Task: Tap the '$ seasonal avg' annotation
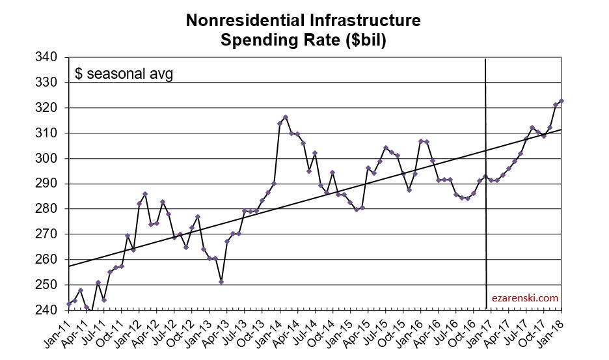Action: pyautogui.click(x=124, y=74)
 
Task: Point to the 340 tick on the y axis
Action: pyautogui.click(x=50, y=57)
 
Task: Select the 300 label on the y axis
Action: pyautogui.click(x=50, y=158)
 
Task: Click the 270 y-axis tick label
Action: pyautogui.click(x=50, y=234)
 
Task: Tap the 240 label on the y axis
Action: pyautogui.click(x=50, y=310)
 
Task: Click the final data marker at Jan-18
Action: pyautogui.click(x=562, y=101)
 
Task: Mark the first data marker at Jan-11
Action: pyautogui.click(x=69, y=304)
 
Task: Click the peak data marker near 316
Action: pyautogui.click(x=286, y=117)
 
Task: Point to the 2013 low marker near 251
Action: pyautogui.click(x=221, y=282)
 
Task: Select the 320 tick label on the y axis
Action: pyautogui.click(x=50, y=108)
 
